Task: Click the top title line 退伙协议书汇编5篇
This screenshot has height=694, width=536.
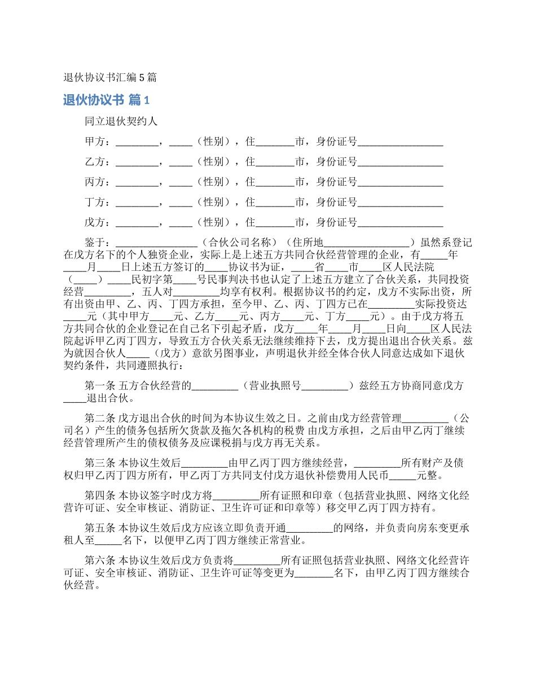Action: pyautogui.click(x=110, y=78)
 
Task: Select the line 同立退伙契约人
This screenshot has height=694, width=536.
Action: pyautogui.click(x=121, y=121)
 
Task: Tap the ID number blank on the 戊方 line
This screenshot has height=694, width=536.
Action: pyautogui.click(x=400, y=223)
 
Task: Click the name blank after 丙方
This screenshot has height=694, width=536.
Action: pyautogui.click(x=137, y=182)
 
